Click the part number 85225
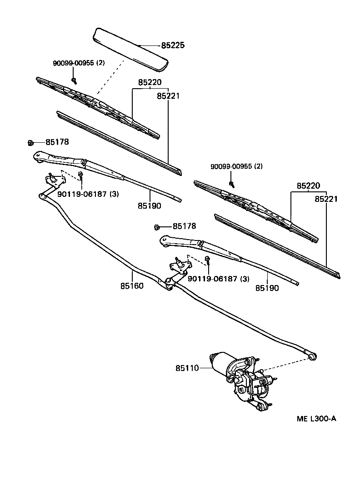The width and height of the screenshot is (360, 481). point(172,45)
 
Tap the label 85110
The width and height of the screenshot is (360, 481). point(187,368)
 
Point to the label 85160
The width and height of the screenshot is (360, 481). point(132,286)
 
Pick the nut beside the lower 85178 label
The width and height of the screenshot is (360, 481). point(157,227)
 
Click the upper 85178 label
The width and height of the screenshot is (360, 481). point(57,142)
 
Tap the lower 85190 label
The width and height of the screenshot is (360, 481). point(267,288)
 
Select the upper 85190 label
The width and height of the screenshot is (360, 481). point(150,205)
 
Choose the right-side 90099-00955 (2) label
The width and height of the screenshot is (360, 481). point(236,166)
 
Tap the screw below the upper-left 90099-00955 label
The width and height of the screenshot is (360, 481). point(74,81)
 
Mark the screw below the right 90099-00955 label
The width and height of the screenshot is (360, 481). point(232,184)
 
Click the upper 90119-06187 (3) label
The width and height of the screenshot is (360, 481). point(88,194)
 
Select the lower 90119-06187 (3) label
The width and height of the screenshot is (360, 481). point(218,279)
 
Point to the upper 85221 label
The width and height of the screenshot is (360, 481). point(169,96)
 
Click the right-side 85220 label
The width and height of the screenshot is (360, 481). point(308,185)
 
